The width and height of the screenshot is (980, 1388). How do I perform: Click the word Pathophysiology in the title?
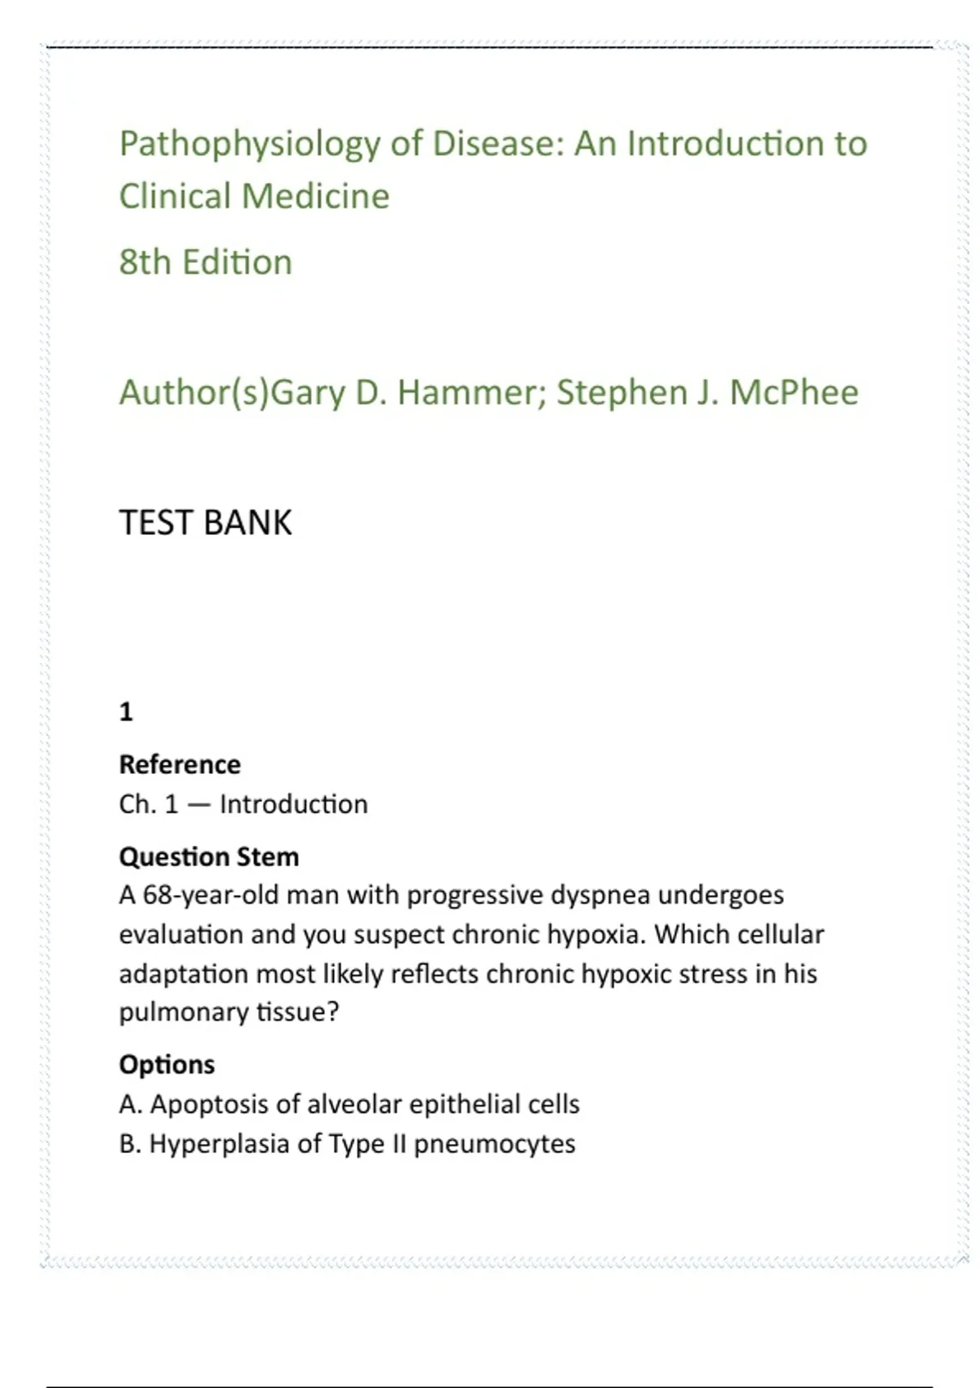(x=249, y=145)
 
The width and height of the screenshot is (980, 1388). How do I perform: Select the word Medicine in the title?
(x=315, y=196)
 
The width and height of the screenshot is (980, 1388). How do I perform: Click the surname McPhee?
(x=794, y=393)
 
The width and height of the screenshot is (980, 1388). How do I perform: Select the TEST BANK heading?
(x=205, y=523)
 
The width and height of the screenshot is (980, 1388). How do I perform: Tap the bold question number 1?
(x=126, y=712)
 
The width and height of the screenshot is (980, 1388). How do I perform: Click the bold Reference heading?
(x=180, y=764)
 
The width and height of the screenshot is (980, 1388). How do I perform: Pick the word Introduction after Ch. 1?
(x=294, y=804)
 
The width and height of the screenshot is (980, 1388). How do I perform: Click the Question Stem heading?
(x=209, y=856)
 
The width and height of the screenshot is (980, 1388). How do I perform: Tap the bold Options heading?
(x=167, y=1065)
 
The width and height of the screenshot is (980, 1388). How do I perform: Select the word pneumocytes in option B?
(x=494, y=1144)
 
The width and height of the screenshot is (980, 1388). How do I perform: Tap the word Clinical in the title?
(x=175, y=196)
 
